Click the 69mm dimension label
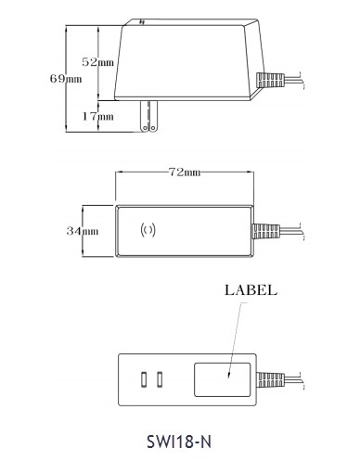[x=66, y=79]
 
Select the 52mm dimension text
[x=97, y=62]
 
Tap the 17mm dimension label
[x=97, y=116]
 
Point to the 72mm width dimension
[x=185, y=172]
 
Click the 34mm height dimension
[x=83, y=231]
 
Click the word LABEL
[x=251, y=290]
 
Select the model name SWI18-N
[x=179, y=442]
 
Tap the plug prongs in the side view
[x=149, y=116]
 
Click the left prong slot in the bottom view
[x=144, y=379]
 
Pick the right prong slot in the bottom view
[x=160, y=379]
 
